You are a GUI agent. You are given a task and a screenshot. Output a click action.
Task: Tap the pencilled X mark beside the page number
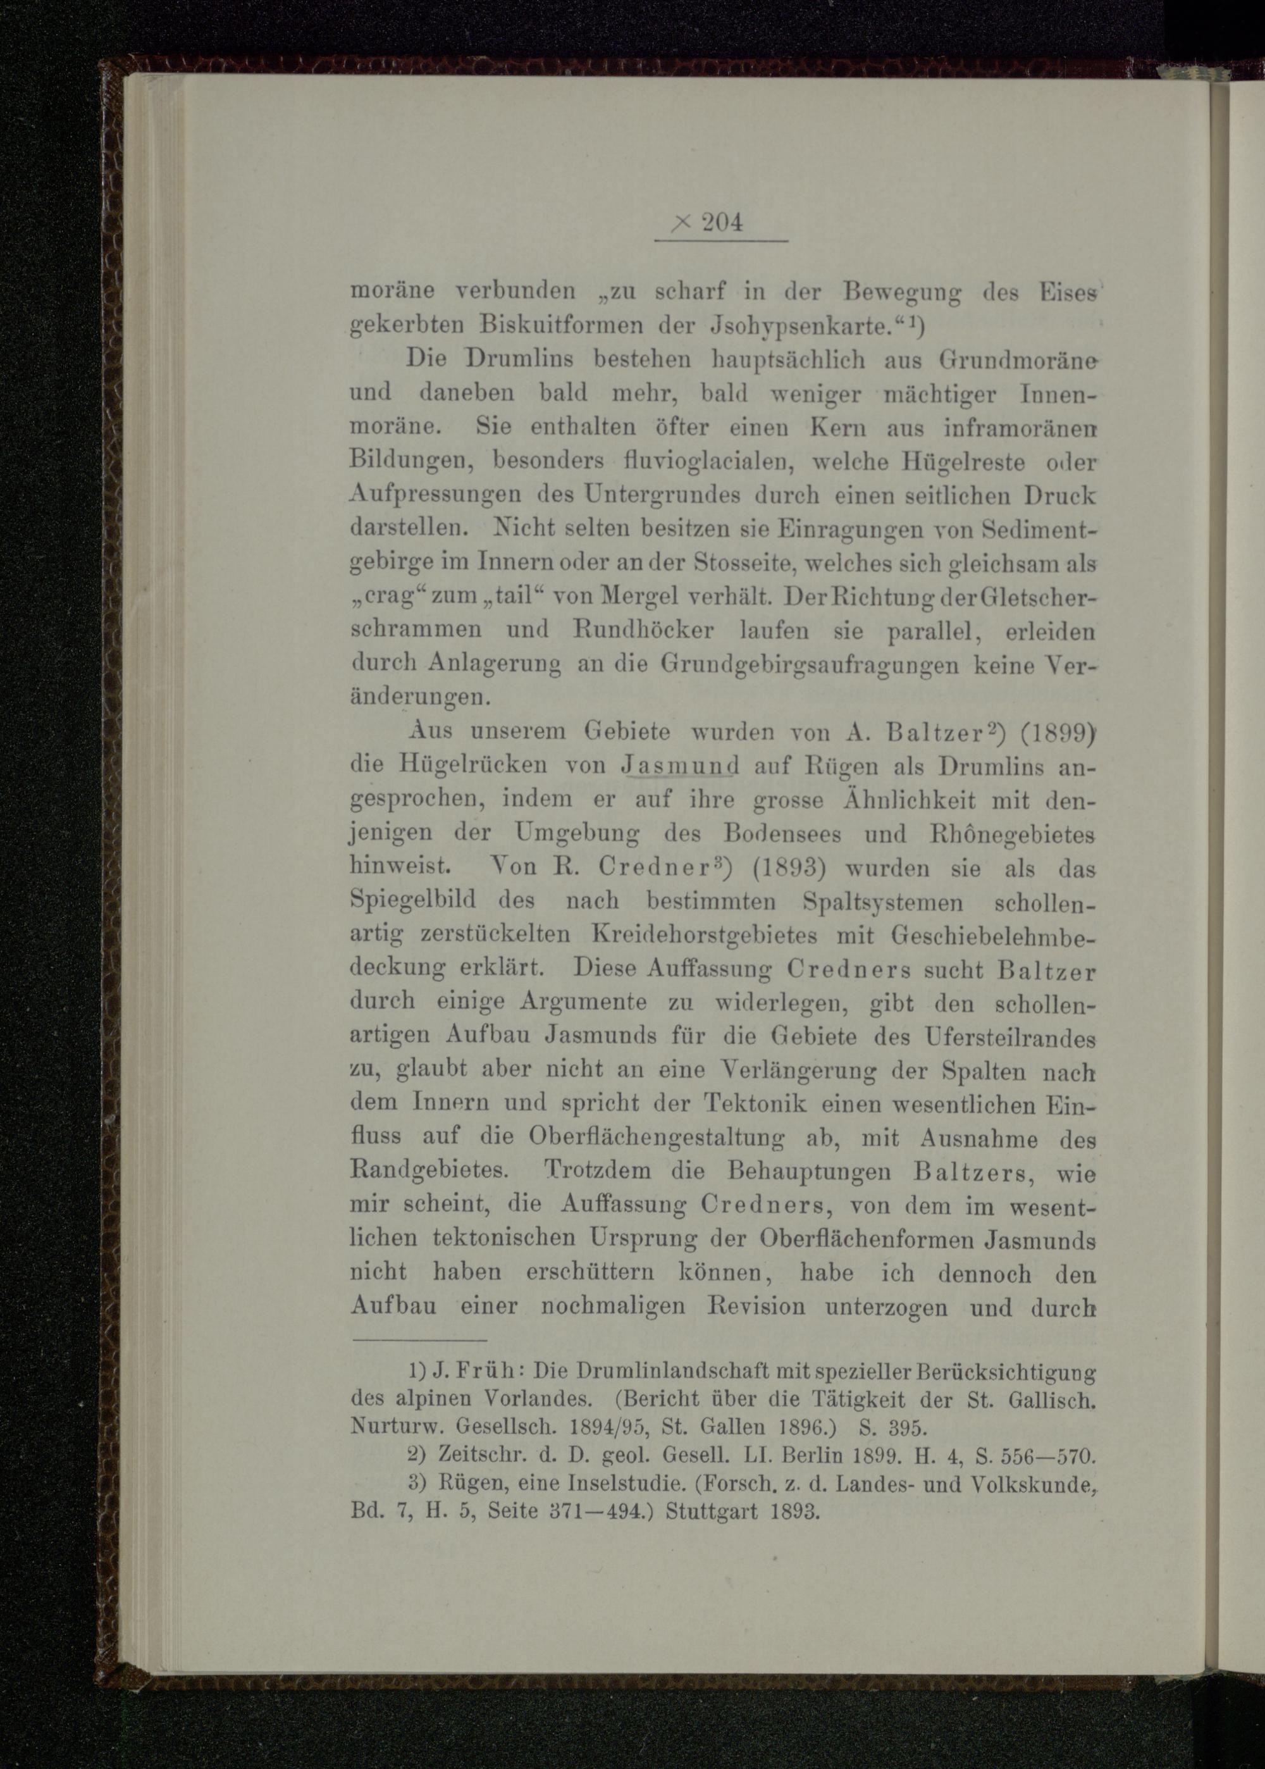tap(680, 223)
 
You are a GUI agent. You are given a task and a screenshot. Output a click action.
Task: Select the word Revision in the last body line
tap(756, 1307)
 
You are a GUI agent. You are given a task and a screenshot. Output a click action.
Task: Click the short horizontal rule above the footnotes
tap(419, 1341)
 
